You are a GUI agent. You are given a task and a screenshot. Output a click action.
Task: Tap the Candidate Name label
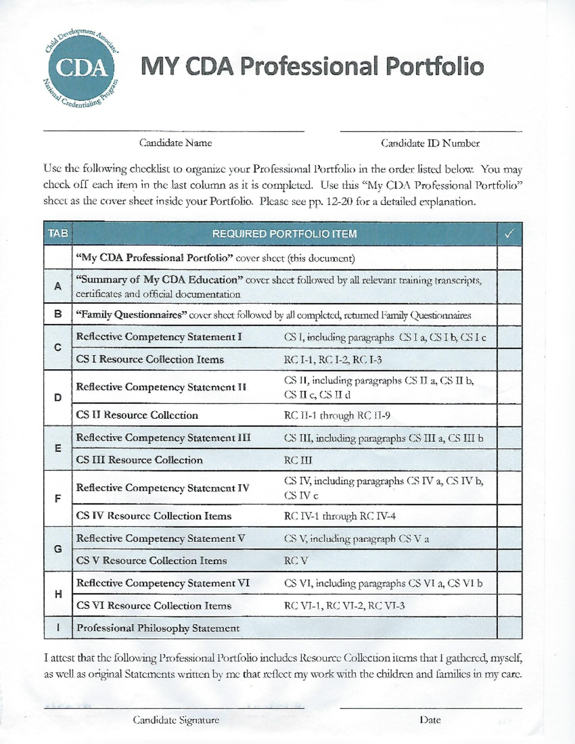click(x=175, y=143)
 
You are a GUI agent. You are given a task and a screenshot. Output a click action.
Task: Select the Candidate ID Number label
click(x=430, y=143)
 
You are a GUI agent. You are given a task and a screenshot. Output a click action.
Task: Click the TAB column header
click(x=58, y=234)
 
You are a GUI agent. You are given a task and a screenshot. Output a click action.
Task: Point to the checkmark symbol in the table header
click(x=509, y=234)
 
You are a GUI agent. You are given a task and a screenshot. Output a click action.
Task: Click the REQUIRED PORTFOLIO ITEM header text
click(x=284, y=234)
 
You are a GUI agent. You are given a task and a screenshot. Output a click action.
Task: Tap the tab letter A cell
click(x=58, y=286)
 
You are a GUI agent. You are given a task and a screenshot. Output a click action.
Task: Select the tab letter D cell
click(x=58, y=398)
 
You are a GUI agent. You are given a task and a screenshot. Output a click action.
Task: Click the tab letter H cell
click(x=58, y=594)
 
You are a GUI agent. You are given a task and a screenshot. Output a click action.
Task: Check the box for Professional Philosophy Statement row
click(x=509, y=628)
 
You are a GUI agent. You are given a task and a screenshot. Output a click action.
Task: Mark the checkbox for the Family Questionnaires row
click(x=509, y=315)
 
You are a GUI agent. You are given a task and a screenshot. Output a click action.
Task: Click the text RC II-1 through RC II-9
click(x=337, y=415)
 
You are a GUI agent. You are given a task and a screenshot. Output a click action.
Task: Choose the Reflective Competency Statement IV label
click(x=162, y=488)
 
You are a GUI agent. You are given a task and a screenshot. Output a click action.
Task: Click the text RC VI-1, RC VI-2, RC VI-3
click(x=344, y=606)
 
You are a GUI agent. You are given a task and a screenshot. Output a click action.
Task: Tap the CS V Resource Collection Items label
click(x=151, y=561)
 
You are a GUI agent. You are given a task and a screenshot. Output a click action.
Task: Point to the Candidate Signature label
click(x=176, y=720)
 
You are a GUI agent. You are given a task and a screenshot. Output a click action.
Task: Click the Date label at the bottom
click(x=430, y=720)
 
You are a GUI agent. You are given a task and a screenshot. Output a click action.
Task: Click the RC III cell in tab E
click(x=298, y=460)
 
